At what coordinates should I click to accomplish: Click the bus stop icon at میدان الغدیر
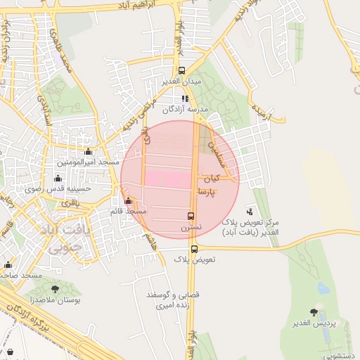[x=182, y=70]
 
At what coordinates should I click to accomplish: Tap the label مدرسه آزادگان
[x=186, y=110]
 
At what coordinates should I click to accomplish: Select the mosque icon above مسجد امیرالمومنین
[x=88, y=151]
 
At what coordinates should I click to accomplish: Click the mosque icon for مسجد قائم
[x=127, y=201]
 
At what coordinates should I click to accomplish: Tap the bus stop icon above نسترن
[x=191, y=216]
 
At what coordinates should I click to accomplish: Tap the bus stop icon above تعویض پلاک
[x=194, y=248]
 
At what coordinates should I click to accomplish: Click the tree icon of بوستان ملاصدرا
[x=55, y=288]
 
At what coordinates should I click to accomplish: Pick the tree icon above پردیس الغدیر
[x=314, y=311]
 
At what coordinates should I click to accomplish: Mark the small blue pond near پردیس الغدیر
[x=323, y=288]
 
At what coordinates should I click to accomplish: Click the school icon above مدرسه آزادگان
[x=185, y=99]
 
